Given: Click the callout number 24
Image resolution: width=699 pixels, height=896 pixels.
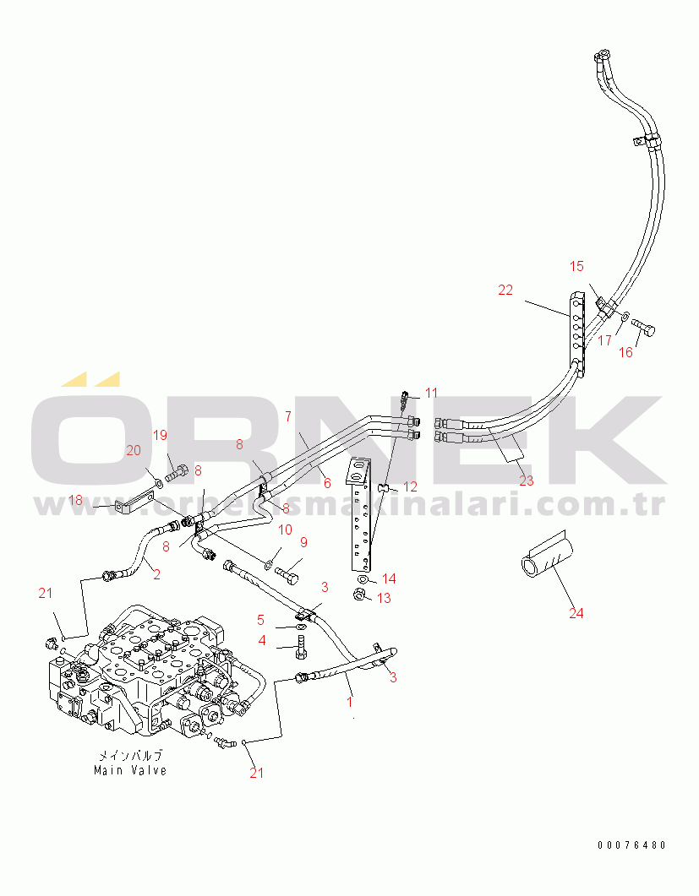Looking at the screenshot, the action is click(576, 613).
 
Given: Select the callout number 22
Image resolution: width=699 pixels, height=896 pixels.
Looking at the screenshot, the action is click(505, 291).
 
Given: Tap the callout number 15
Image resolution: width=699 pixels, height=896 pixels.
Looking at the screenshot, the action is click(576, 266).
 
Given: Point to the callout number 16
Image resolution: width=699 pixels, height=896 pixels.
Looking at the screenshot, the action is click(626, 352).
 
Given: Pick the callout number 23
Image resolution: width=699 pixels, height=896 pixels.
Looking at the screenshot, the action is click(527, 481).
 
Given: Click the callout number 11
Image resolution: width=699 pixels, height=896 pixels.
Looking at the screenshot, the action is click(431, 394).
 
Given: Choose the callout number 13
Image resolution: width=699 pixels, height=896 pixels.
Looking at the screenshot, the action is click(384, 598).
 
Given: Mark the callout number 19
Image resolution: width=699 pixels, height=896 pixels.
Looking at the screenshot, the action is click(160, 436).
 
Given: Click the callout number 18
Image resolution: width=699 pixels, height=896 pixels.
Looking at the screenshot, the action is click(75, 501).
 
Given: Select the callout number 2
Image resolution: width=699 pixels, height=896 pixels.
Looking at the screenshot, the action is click(156, 574).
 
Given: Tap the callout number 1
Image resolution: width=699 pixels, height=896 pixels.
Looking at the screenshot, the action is click(350, 702).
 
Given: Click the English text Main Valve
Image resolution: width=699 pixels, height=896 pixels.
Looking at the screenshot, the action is click(130, 770).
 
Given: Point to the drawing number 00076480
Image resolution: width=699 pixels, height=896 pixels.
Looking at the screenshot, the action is click(632, 845).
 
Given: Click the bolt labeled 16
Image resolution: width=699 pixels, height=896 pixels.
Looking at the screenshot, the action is click(643, 328).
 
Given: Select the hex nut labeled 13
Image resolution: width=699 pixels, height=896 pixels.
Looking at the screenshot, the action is click(359, 595).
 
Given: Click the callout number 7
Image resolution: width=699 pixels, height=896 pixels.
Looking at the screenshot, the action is click(287, 416).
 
